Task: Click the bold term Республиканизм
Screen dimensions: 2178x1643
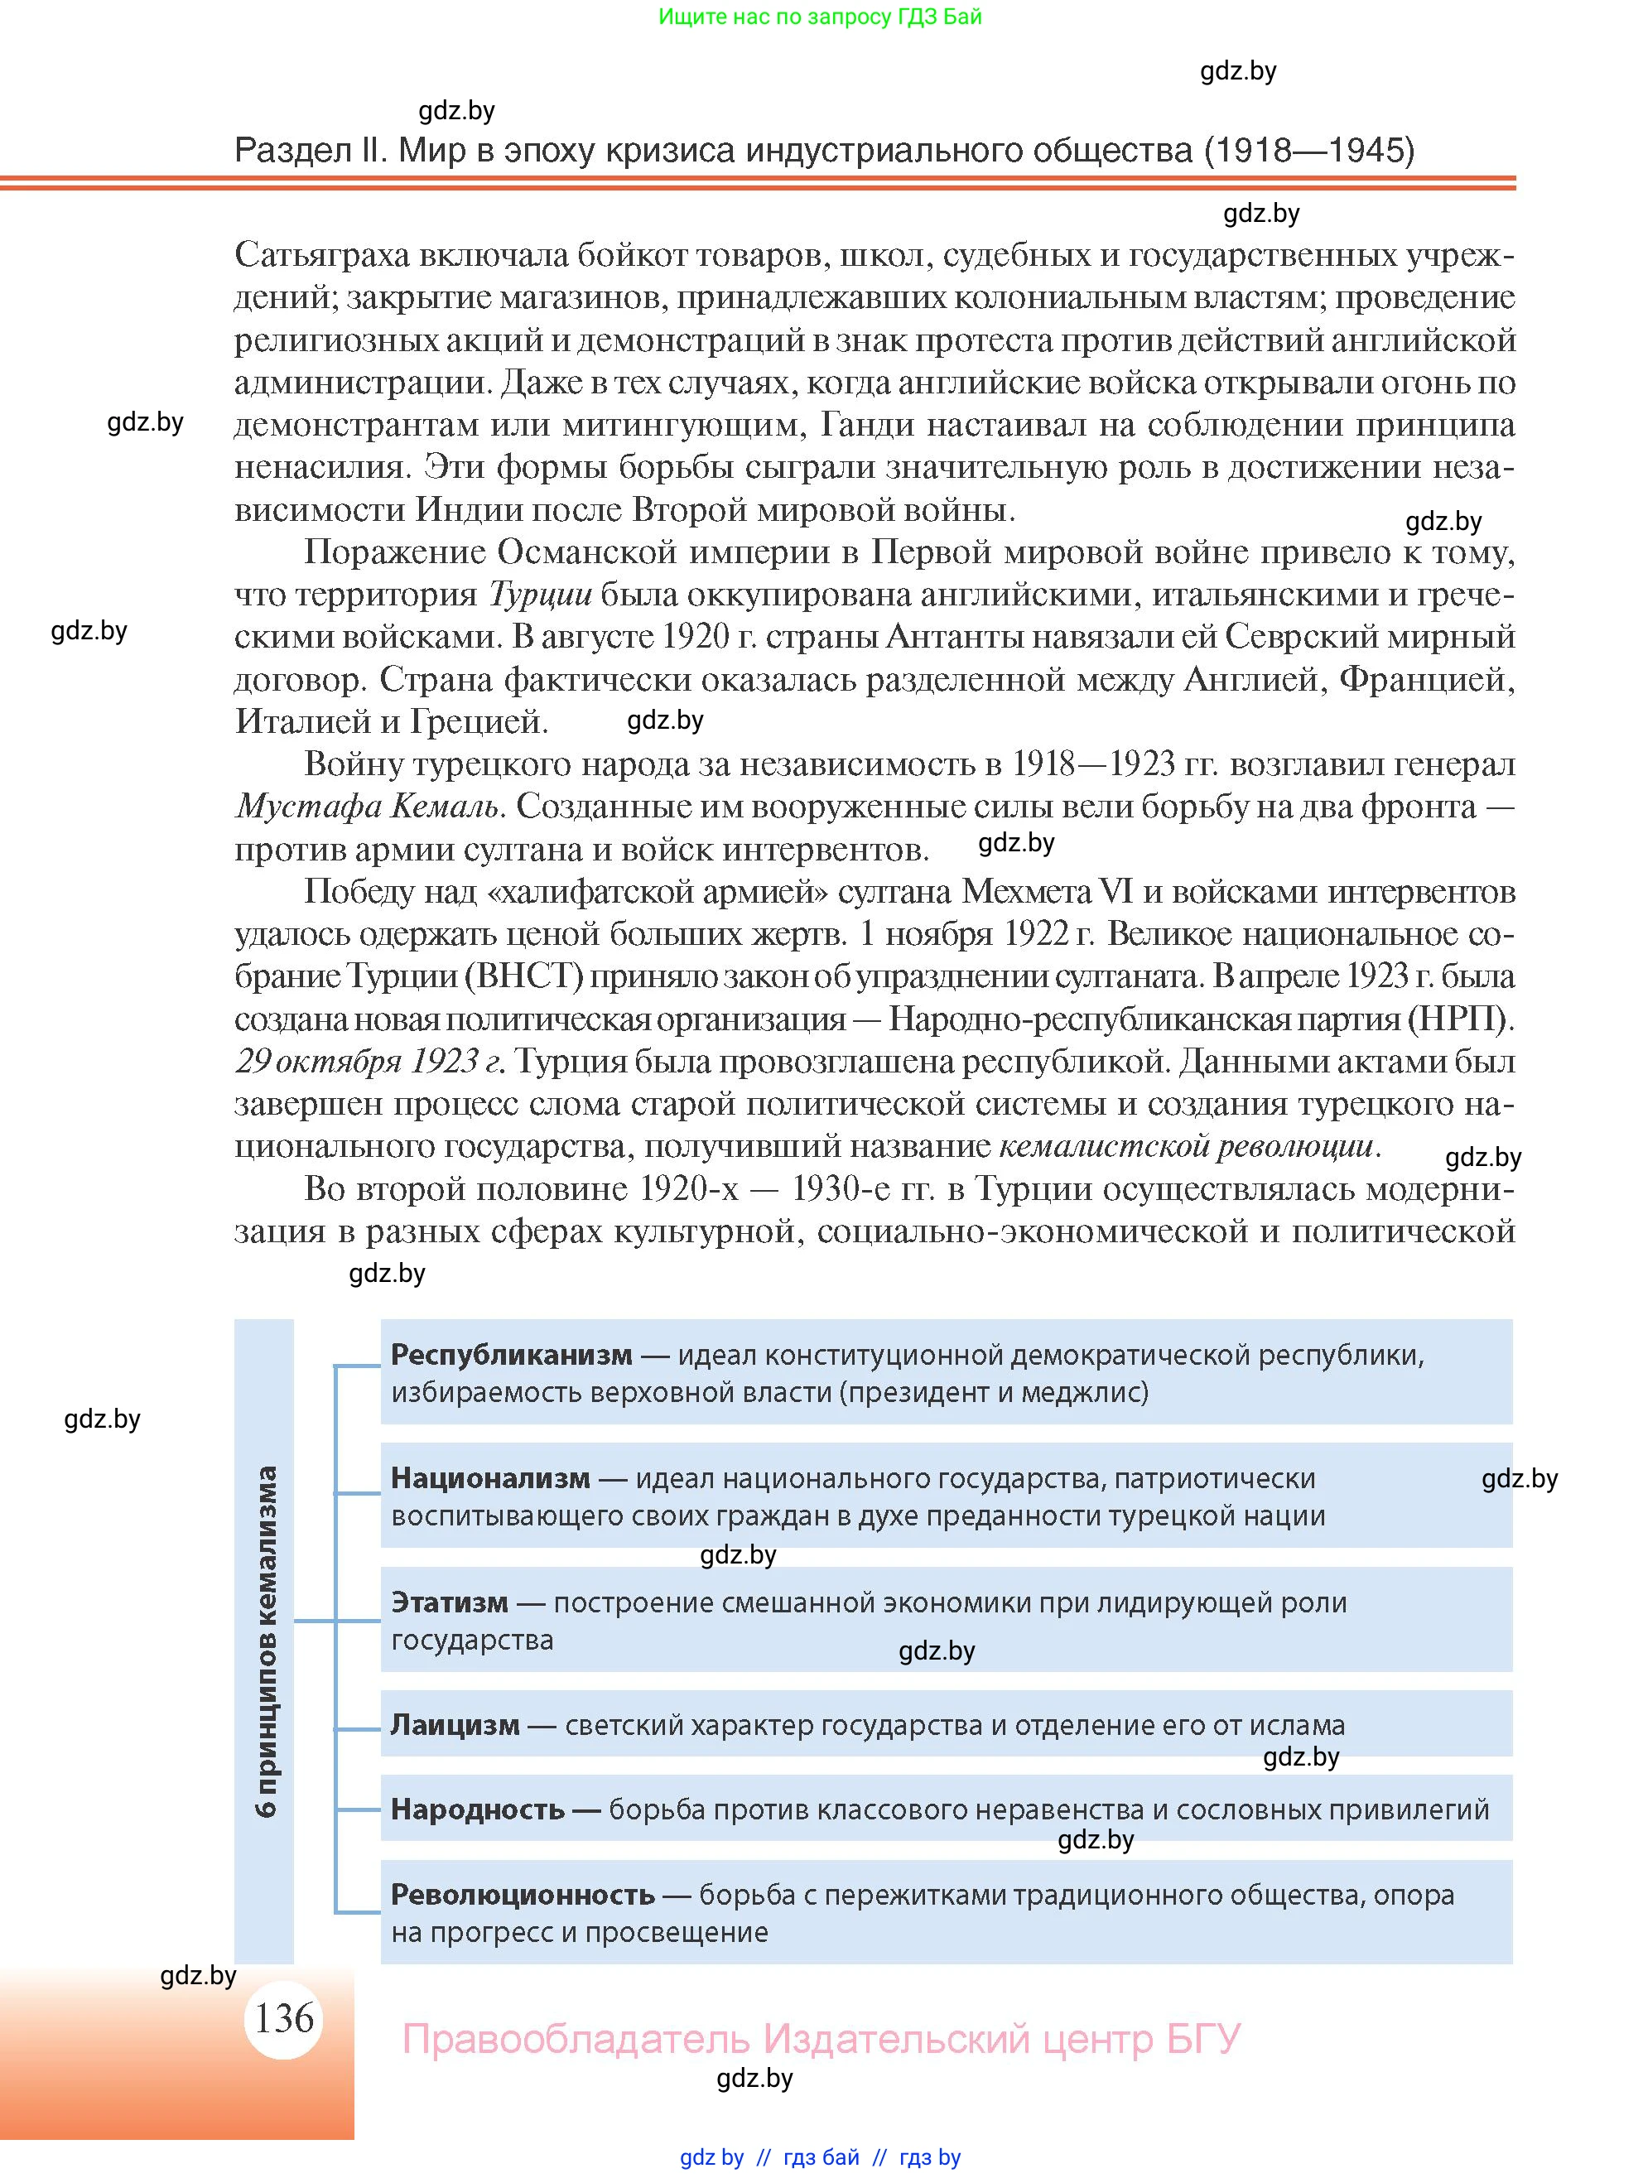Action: click(511, 1355)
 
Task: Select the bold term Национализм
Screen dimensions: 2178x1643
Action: click(490, 1478)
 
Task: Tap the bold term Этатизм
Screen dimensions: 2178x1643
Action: click(449, 1602)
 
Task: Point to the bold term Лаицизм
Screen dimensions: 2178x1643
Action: click(455, 1725)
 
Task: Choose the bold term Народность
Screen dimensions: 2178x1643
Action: click(478, 1809)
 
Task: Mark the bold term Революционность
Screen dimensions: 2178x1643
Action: click(523, 1895)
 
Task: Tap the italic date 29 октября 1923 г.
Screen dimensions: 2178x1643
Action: click(369, 1062)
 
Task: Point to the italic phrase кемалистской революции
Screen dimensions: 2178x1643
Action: click(1185, 1146)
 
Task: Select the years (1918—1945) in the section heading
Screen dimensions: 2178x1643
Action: click(1308, 151)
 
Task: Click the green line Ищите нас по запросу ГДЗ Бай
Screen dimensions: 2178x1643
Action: click(819, 17)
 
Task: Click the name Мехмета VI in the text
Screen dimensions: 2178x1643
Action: click(1045, 892)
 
